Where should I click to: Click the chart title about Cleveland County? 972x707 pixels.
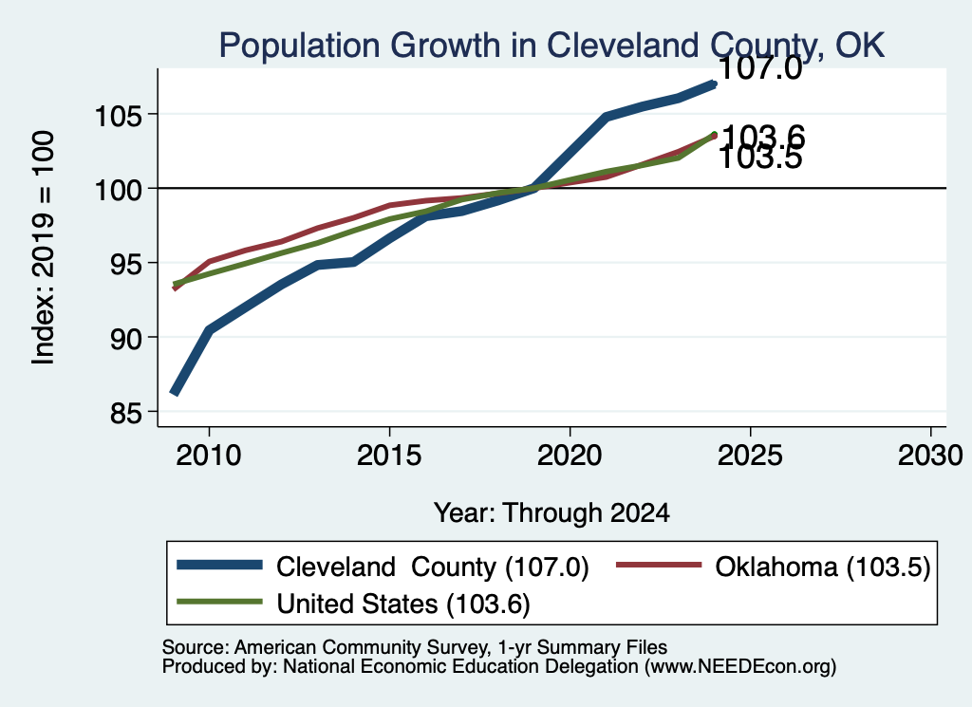tap(551, 46)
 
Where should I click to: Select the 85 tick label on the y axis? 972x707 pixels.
tap(126, 413)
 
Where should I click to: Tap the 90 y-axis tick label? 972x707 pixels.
tap(126, 338)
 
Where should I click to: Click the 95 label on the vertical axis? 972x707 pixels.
tap(126, 263)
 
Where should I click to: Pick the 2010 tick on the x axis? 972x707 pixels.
tap(209, 456)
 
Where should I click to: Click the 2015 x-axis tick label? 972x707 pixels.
tap(389, 456)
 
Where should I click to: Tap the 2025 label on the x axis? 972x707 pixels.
tap(750, 456)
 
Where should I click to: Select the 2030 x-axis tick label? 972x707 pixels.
tap(930, 456)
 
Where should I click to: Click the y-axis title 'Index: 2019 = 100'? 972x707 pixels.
tap(43, 248)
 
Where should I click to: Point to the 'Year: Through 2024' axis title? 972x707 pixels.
tap(551, 513)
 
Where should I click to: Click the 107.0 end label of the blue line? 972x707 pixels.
tap(760, 67)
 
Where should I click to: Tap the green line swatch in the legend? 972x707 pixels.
tap(219, 602)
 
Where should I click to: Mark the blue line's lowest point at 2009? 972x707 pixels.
tap(175, 392)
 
